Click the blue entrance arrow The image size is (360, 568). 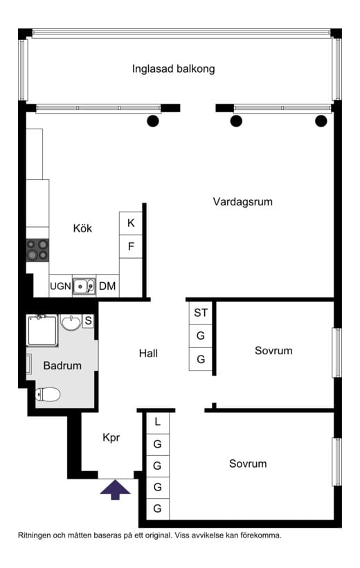[115, 490]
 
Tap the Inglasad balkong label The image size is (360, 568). [173, 68]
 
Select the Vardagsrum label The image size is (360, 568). [242, 202]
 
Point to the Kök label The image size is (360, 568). [82, 228]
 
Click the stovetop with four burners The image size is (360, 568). [37, 250]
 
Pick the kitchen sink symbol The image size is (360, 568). [84, 286]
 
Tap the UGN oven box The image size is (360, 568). [60, 286]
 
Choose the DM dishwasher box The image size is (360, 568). [107, 286]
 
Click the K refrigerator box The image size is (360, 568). [131, 223]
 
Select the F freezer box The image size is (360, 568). [131, 246]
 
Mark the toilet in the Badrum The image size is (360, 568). [48, 394]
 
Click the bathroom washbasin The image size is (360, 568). [71, 322]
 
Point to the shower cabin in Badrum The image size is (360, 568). [42, 331]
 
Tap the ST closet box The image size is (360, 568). [201, 313]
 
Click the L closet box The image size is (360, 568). [157, 422]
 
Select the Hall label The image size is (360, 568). [148, 354]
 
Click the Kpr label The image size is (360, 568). [111, 438]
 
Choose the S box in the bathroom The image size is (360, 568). [88, 321]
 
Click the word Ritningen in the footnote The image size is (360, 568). [34, 535]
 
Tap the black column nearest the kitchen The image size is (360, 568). [153, 120]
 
